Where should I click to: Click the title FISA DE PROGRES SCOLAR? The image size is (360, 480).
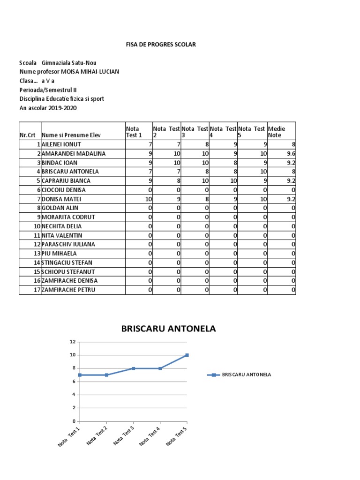pyautogui.click(x=161, y=45)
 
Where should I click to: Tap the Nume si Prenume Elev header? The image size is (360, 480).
pyautogui.click(x=71, y=135)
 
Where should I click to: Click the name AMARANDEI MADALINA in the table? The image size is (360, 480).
pyautogui.click(x=74, y=153)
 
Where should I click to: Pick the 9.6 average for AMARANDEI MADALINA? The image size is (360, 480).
pyautogui.click(x=291, y=153)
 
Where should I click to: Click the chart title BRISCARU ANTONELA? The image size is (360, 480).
pyautogui.click(x=168, y=329)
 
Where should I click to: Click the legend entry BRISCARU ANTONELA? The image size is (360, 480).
pyautogui.click(x=246, y=375)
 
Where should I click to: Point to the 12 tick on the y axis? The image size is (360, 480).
pyautogui.click(x=73, y=342)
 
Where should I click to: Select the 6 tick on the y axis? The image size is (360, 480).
pyautogui.click(x=73, y=382)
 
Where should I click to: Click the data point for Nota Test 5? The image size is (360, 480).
pyautogui.click(x=187, y=355)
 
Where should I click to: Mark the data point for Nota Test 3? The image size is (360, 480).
pyautogui.click(x=133, y=368)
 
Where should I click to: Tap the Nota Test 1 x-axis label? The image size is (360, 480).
pyautogui.click(x=69, y=436)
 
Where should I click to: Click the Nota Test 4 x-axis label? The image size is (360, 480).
pyautogui.click(x=150, y=436)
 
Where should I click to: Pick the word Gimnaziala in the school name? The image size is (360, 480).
pyautogui.click(x=58, y=63)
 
